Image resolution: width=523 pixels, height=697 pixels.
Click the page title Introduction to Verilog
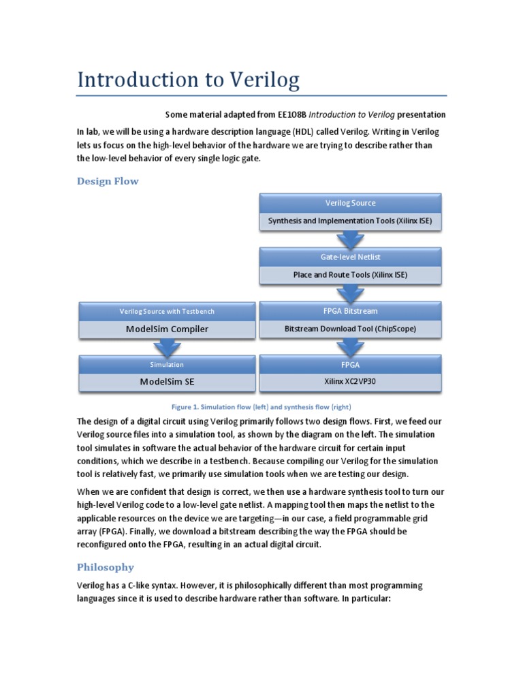click(x=188, y=80)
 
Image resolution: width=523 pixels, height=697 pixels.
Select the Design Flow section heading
click(x=108, y=181)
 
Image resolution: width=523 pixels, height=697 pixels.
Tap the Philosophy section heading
click(x=105, y=567)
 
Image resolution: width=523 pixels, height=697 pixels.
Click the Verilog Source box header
click(x=350, y=203)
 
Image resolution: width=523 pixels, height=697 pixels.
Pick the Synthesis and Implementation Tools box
click(x=350, y=221)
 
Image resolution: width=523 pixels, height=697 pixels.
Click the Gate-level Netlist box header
click(x=350, y=257)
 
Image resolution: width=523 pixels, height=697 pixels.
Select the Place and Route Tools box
click(x=350, y=275)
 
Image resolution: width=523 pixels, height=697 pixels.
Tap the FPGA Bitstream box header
click(x=350, y=311)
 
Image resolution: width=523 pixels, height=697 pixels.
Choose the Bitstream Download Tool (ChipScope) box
click(x=350, y=329)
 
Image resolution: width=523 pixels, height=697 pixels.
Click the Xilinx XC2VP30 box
click(x=350, y=381)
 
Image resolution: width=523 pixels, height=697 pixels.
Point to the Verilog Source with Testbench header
click(x=167, y=311)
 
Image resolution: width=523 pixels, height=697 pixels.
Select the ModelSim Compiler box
click(x=167, y=329)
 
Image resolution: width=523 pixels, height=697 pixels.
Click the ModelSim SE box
click(x=167, y=381)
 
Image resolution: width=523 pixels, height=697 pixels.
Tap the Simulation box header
click(x=167, y=365)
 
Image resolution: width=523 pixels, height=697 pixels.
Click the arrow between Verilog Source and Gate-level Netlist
click(x=350, y=240)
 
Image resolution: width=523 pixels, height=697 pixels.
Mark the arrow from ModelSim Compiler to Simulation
click(x=167, y=347)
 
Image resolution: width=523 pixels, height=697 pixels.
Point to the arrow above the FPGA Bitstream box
click(x=350, y=293)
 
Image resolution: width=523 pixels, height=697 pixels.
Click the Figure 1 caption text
click(x=261, y=406)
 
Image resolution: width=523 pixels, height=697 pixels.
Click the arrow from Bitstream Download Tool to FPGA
click(x=350, y=347)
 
